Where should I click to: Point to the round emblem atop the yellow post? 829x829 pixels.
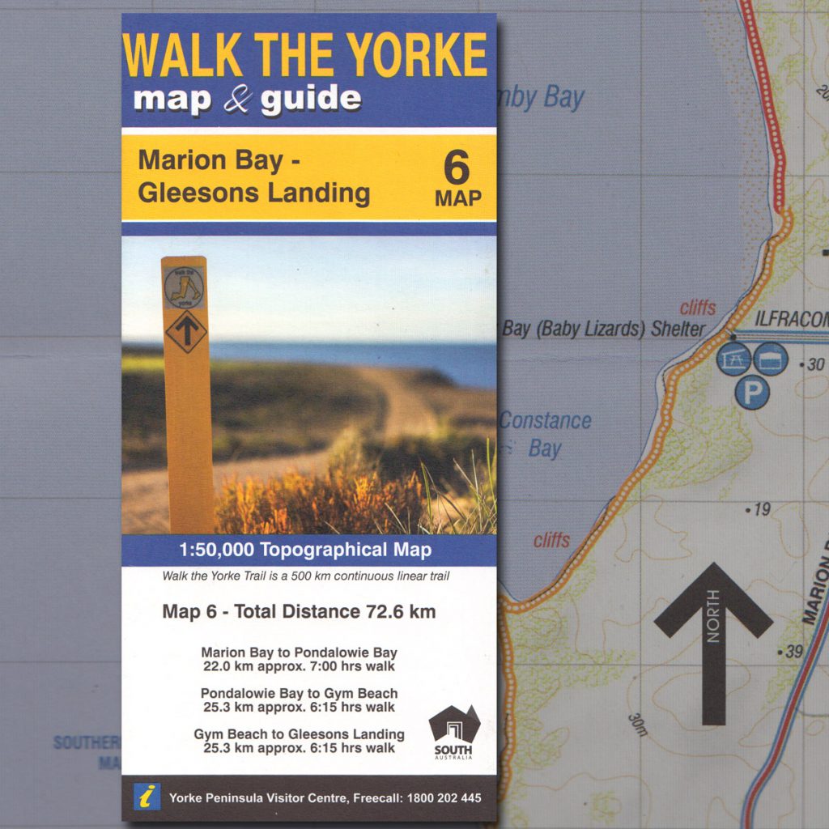[x=184, y=287]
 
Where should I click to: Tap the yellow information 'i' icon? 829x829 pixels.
[x=147, y=797]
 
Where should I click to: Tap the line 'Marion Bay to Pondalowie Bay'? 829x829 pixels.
[x=299, y=653]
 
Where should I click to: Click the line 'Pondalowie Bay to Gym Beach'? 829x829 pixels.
[x=299, y=694]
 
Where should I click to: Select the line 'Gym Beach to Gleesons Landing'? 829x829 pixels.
[x=299, y=734]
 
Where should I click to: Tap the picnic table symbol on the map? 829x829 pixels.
[x=733, y=359]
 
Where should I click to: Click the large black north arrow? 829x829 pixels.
[x=713, y=640]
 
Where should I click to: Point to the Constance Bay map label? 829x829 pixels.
[x=544, y=434]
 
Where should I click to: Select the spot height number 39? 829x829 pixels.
[x=793, y=651]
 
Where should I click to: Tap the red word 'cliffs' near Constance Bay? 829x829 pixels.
[x=551, y=540]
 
